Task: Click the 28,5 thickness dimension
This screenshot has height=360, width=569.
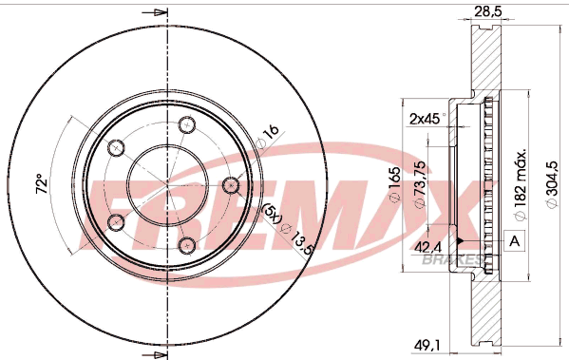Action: [x=488, y=11]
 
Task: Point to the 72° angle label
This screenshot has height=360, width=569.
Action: [x=42, y=184]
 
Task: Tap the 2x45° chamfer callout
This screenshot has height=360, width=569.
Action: [x=427, y=119]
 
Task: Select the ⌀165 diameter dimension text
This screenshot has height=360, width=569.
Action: [x=394, y=184]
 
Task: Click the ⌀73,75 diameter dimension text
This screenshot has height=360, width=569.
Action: [x=420, y=184]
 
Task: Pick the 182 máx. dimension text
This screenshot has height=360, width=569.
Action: [x=520, y=184]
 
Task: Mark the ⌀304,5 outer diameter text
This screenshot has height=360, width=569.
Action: [x=551, y=184]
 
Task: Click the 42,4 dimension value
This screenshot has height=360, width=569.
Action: [x=427, y=248]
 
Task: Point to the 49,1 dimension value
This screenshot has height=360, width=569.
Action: [x=427, y=345]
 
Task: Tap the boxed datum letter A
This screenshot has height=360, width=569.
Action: [x=515, y=240]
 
